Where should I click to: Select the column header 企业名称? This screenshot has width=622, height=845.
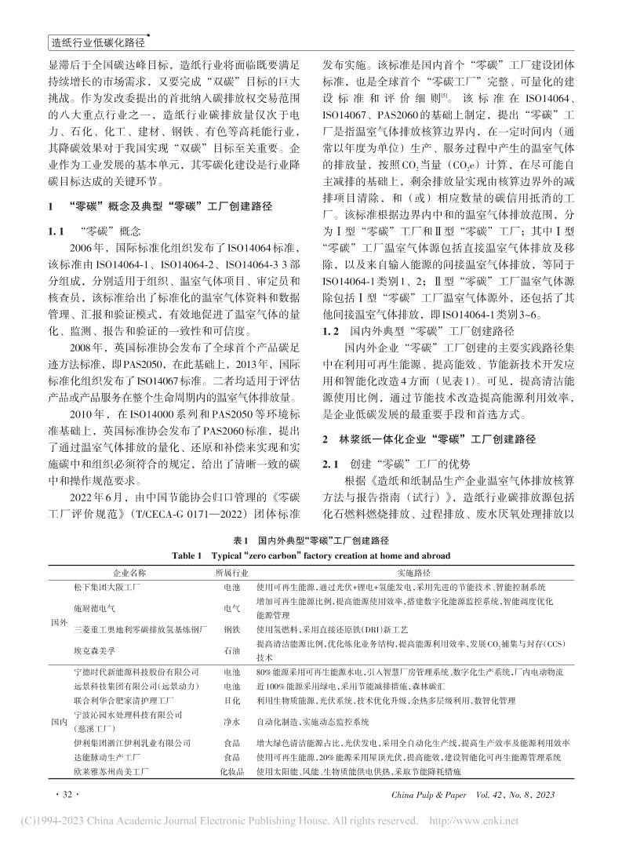click(127, 574)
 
